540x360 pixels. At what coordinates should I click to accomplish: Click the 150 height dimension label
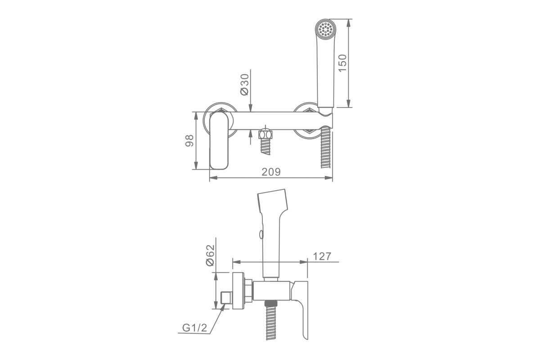coord(342,63)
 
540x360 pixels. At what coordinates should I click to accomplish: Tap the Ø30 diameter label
coord(245,85)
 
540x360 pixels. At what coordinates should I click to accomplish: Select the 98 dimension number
coord(189,140)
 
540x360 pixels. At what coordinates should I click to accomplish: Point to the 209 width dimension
coord(271,172)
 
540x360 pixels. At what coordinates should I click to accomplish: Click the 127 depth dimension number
coord(322,256)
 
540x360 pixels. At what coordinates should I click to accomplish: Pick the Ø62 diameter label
coord(210,255)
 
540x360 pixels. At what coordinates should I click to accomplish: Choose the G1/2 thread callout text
coord(195,328)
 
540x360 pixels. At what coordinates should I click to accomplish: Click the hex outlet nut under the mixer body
coord(265,134)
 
